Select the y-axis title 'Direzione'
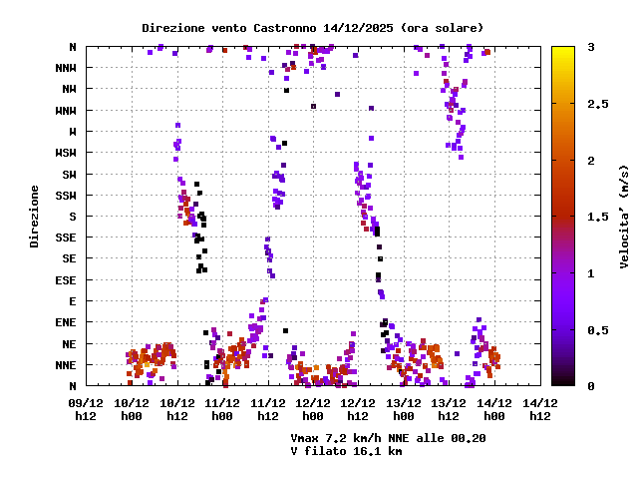34,216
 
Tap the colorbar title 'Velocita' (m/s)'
624,216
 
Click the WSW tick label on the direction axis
65,153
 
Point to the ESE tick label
65,279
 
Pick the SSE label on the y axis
65,238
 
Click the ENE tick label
65,322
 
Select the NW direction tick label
69,89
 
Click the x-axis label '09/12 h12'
86,408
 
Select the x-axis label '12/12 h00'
313,408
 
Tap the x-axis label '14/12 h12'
539,408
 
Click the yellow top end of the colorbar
563,50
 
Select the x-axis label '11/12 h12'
267,408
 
